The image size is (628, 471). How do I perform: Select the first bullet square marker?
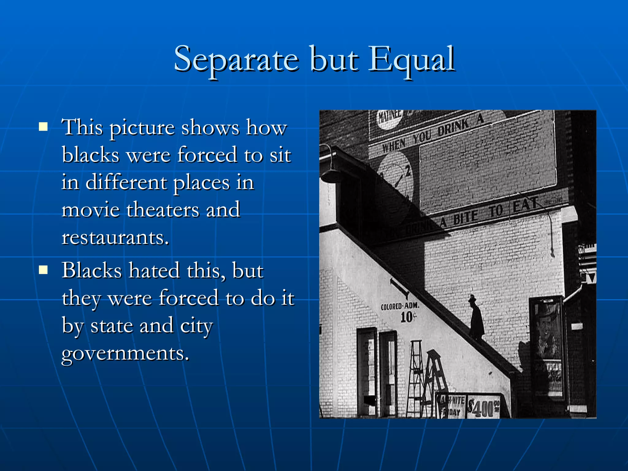(x=43, y=127)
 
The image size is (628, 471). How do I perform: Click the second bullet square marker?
(x=43, y=270)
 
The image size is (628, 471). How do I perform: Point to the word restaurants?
(x=115, y=238)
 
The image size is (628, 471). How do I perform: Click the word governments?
(x=125, y=353)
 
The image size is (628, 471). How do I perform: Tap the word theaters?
(x=163, y=210)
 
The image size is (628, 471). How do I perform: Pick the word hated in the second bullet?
(x=154, y=270)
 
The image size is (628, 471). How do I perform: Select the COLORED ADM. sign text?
(x=400, y=306)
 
